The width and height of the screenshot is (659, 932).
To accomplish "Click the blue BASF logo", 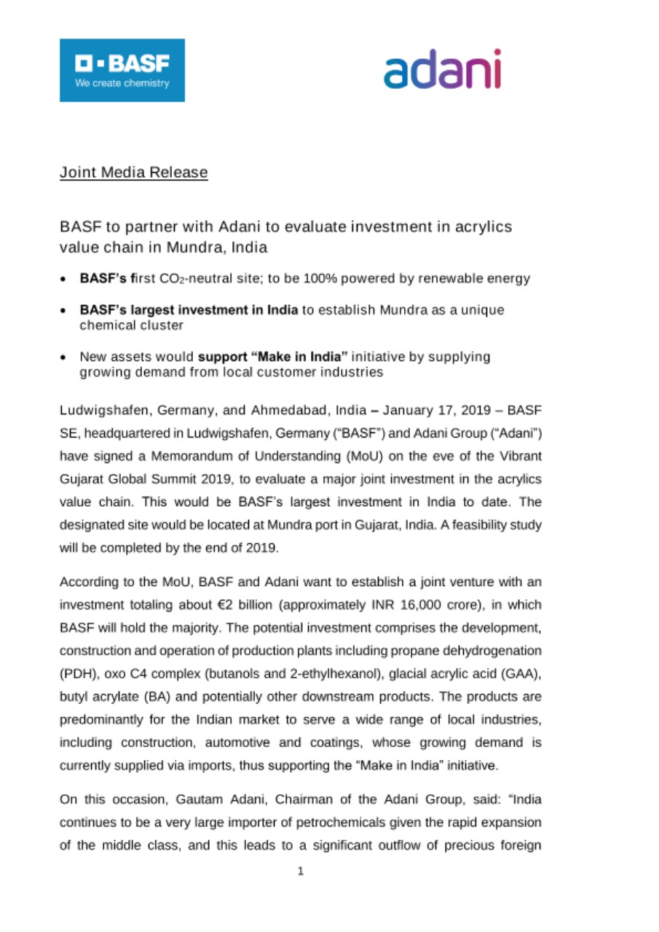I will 122,70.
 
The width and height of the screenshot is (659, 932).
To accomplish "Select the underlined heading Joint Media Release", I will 134,173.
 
